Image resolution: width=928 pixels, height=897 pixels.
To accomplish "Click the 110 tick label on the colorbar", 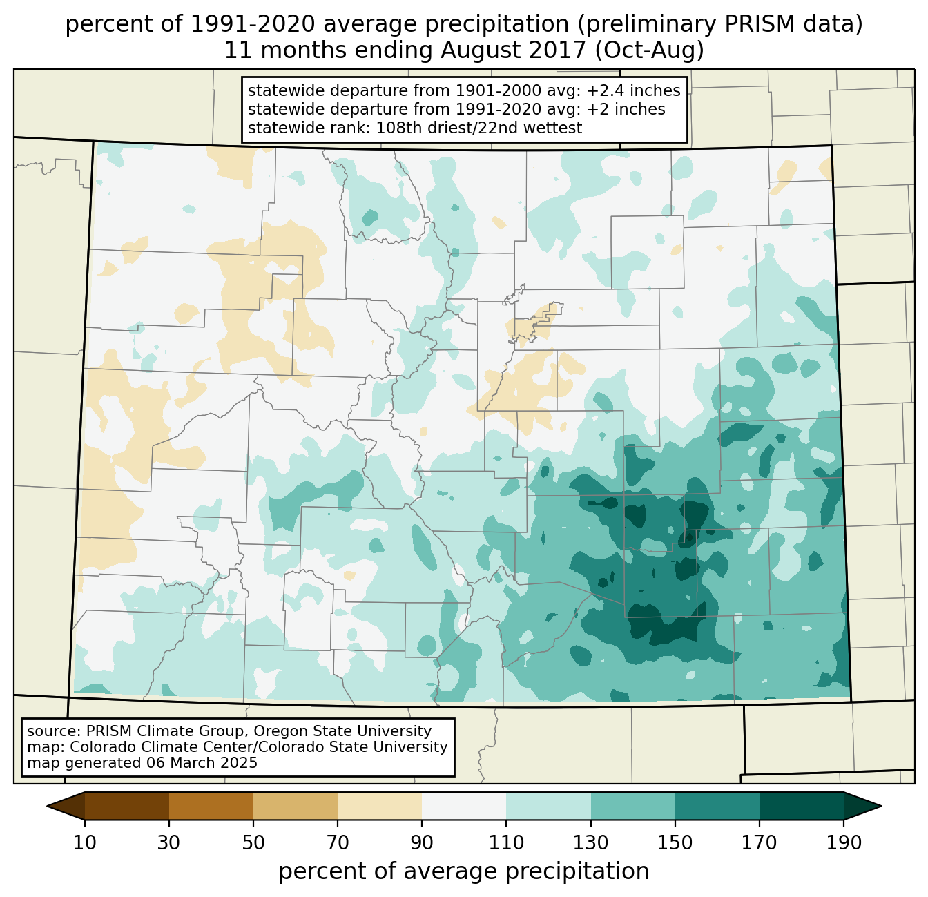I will coord(506,843).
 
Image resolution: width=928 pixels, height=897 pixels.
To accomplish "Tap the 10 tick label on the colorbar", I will coord(85,843).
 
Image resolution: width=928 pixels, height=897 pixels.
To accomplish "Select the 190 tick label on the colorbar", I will coord(844,843).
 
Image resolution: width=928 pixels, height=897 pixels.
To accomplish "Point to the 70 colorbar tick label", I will coord(338,843).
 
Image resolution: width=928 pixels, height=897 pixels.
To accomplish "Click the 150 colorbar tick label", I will coord(675,843).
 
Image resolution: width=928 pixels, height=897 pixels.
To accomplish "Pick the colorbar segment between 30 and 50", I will coord(211,806).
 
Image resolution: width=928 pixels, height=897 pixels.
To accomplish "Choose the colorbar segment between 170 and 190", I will coord(802,806).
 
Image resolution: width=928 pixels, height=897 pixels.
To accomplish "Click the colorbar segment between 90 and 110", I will coord(464,806).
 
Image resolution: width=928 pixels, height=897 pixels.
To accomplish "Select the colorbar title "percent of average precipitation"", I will coord(464,871).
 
